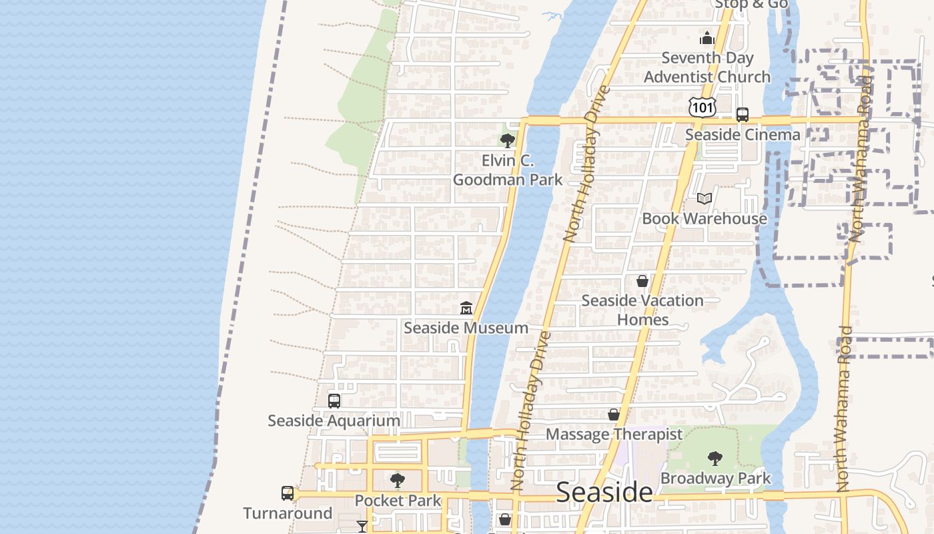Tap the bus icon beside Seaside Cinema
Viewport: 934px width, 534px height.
point(743,115)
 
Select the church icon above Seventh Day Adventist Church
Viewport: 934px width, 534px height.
point(707,39)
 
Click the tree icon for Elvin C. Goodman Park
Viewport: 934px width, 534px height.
point(507,141)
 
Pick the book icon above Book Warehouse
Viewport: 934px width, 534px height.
point(705,198)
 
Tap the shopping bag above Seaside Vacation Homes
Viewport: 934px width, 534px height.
point(642,281)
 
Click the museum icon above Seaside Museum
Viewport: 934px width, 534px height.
point(466,308)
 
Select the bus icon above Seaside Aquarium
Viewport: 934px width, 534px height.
point(334,400)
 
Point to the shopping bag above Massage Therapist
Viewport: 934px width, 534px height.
point(614,415)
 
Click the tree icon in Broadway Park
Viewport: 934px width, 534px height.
point(715,459)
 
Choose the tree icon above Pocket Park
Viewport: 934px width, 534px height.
point(398,480)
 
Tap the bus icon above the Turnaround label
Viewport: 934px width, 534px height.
point(288,493)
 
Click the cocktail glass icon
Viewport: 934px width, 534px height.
point(362,527)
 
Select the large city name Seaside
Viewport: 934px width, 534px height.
point(604,492)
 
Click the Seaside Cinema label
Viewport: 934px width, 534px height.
point(743,134)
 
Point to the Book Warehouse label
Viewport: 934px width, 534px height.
point(705,218)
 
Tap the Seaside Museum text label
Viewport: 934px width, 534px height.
point(466,328)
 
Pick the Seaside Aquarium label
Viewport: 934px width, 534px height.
point(334,421)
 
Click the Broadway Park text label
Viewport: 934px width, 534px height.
point(715,479)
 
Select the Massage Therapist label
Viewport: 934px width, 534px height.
point(614,435)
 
